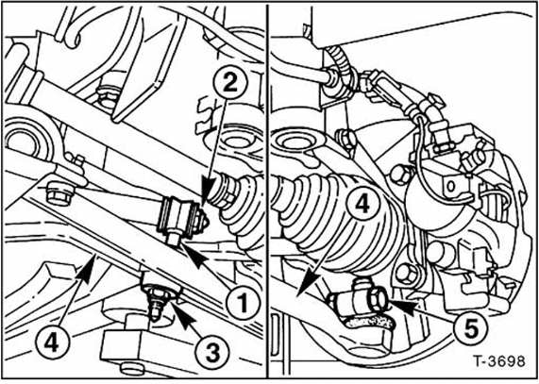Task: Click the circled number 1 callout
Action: click(243, 303)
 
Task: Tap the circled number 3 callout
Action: click(212, 351)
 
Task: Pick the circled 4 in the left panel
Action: click(52, 343)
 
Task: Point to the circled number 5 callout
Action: click(470, 327)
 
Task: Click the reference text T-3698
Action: click(499, 361)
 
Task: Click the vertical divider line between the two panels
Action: click(268, 191)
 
